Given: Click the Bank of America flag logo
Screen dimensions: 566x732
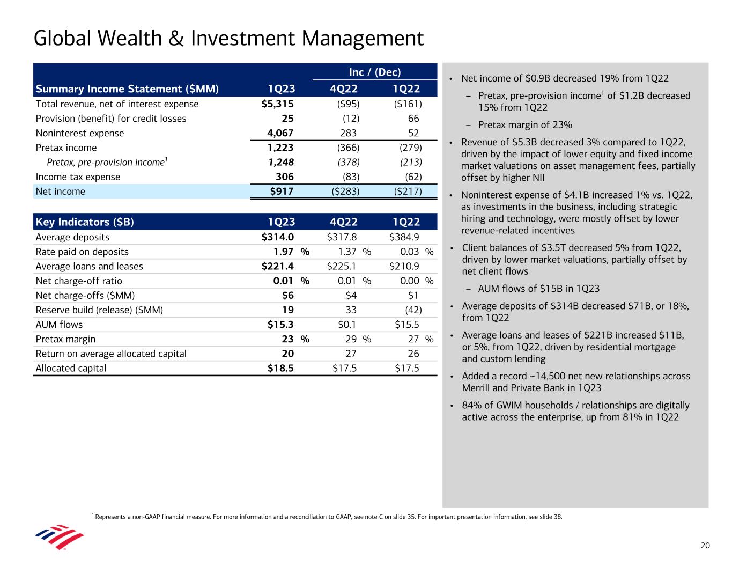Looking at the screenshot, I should coord(59,537).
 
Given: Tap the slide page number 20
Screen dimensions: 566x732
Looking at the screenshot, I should coord(705,546).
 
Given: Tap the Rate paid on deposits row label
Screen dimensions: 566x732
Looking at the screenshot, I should coord(82,252).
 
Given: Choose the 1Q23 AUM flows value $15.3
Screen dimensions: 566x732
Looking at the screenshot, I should coord(280,325).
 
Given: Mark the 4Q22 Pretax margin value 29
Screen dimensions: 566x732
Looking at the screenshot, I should coord(351,339).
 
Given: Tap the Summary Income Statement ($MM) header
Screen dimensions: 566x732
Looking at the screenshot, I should coord(127,89).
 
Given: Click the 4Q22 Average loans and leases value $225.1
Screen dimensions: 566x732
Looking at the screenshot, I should coord(342,266).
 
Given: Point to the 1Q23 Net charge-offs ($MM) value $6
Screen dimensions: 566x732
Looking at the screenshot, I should coord(288,296).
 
